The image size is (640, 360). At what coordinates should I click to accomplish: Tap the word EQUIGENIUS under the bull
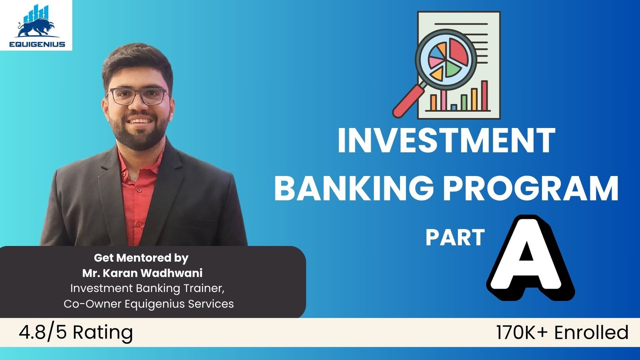(x=37, y=44)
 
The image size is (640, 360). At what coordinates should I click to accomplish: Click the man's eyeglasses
(x=138, y=96)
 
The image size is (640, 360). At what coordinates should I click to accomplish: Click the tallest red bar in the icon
(x=484, y=96)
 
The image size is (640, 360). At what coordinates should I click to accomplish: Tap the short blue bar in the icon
(x=454, y=108)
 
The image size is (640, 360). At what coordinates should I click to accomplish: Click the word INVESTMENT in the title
(x=446, y=141)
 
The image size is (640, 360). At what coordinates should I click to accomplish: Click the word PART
(x=455, y=237)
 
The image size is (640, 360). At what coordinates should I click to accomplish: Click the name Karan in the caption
(x=120, y=273)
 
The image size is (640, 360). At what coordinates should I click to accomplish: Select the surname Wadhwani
(x=172, y=273)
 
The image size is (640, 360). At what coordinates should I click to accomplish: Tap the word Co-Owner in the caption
(x=93, y=304)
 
